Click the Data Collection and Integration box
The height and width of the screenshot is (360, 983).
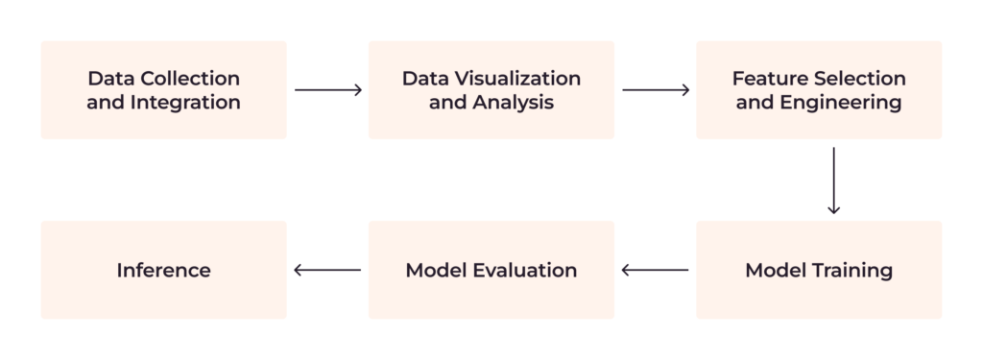point(163,89)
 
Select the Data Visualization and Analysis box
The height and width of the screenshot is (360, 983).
point(491,89)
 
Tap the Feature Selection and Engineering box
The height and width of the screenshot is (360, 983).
point(818,89)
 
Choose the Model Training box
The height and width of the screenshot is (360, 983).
point(818,270)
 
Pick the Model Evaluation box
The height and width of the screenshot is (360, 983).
point(491,270)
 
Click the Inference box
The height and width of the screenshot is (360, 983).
point(163,270)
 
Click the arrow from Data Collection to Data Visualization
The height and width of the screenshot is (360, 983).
point(328,90)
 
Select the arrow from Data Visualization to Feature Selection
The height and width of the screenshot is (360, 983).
point(656,90)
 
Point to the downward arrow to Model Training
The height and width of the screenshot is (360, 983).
point(833,180)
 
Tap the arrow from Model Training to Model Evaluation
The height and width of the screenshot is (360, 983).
point(656,270)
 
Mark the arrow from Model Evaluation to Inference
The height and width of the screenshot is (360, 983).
point(328,270)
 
